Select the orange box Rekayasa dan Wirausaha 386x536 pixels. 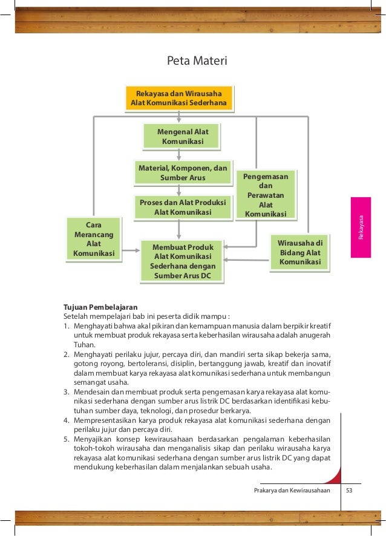178,99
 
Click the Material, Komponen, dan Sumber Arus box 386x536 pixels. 182,172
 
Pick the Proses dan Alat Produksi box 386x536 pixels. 182,208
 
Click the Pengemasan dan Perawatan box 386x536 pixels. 266,194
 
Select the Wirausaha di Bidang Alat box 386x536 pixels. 300,253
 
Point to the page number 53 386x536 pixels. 349,490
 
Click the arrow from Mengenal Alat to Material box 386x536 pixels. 178,155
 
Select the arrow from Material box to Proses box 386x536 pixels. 178,190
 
